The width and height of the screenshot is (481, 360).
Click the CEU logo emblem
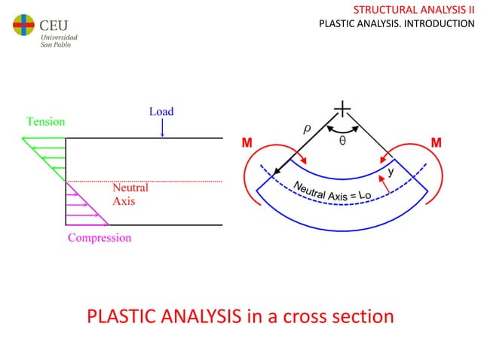23,26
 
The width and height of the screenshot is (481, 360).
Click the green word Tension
45,121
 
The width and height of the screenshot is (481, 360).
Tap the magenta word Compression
100,238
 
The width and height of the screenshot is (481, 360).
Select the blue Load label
161,111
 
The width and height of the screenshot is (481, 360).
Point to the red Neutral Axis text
130,194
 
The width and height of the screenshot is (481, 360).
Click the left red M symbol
246,142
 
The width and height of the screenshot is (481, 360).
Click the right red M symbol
436,142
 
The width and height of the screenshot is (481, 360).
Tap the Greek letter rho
307,129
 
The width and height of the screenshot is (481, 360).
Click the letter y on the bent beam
390,172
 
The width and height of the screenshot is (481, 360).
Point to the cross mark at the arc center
342,111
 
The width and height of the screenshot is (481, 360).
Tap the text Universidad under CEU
58,36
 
